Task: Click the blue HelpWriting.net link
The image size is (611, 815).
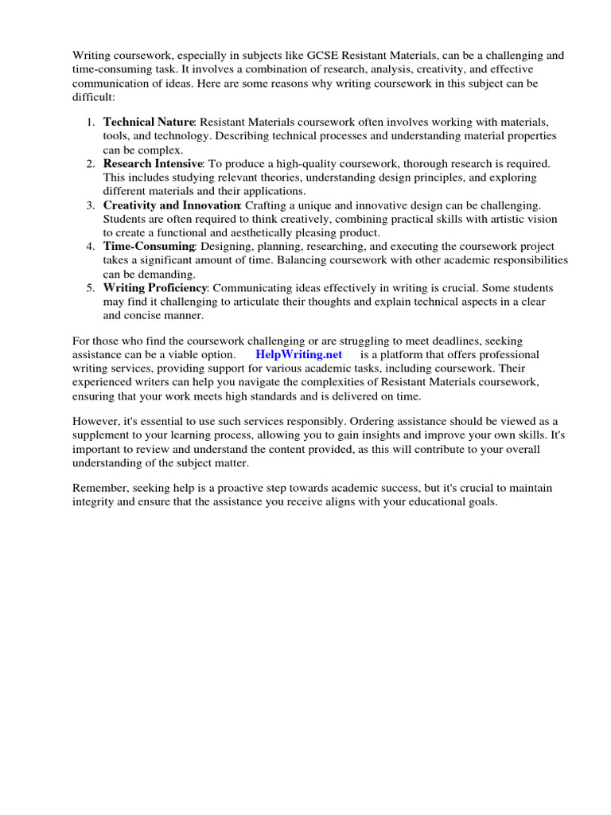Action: [x=298, y=354]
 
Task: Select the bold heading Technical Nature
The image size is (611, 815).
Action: [x=149, y=122]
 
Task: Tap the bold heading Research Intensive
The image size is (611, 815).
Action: [x=153, y=163]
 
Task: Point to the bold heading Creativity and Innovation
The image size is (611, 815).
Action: [x=170, y=205]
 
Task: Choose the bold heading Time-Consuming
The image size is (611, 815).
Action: [x=149, y=247]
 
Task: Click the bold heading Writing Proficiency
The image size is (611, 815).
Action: [x=155, y=287]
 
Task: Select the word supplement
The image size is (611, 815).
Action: [x=101, y=436]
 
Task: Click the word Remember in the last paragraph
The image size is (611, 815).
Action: [x=100, y=488]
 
